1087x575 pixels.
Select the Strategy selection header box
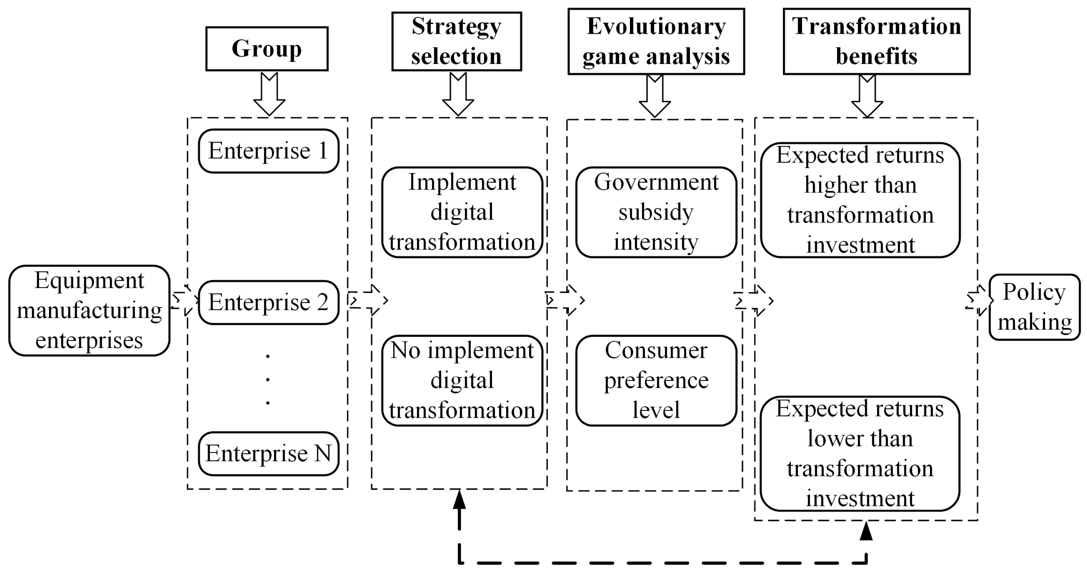pos(457,41)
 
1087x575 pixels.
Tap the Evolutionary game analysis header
pos(656,41)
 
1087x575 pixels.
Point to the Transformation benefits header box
pos(876,41)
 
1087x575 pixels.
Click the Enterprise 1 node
pos(268,151)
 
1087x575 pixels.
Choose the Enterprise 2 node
pos(268,302)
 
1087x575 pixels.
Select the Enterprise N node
pos(268,454)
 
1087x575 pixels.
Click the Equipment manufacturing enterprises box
pos(89,310)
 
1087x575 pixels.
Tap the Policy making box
pos(1034,307)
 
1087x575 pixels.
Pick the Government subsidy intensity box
pos(656,212)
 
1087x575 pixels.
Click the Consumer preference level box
pos(656,380)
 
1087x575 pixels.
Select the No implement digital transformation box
pos(462,380)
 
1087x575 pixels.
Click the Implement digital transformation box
pos(462,212)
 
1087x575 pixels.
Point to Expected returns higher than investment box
pos(860,200)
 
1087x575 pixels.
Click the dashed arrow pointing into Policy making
pos(977,300)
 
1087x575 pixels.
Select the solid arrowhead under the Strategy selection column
pos(459,500)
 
